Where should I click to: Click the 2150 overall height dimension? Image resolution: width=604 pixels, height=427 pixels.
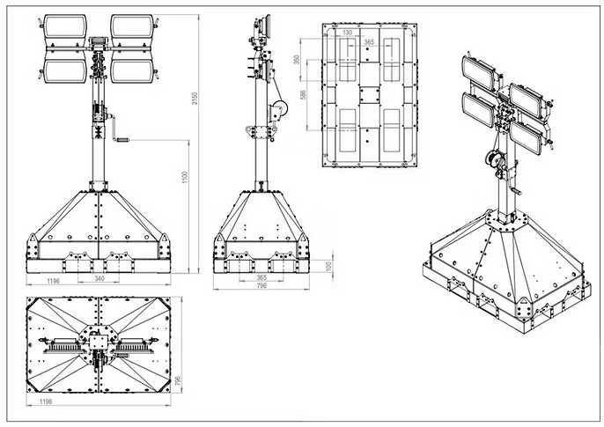click(x=195, y=99)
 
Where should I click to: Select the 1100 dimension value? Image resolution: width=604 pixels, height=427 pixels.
click(x=185, y=177)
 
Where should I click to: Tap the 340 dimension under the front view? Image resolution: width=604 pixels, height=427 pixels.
click(x=99, y=278)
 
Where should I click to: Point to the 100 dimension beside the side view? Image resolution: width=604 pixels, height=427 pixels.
click(x=328, y=266)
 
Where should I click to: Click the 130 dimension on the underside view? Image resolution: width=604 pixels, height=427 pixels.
click(x=348, y=33)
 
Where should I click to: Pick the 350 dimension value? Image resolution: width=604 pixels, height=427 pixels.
click(x=297, y=60)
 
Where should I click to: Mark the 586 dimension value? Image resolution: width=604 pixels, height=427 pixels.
click(x=303, y=95)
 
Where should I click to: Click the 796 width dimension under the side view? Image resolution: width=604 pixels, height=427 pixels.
click(x=261, y=285)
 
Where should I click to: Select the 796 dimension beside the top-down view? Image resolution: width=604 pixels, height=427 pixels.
click(x=178, y=381)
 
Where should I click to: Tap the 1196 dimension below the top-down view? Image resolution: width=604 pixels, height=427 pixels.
click(x=46, y=401)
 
